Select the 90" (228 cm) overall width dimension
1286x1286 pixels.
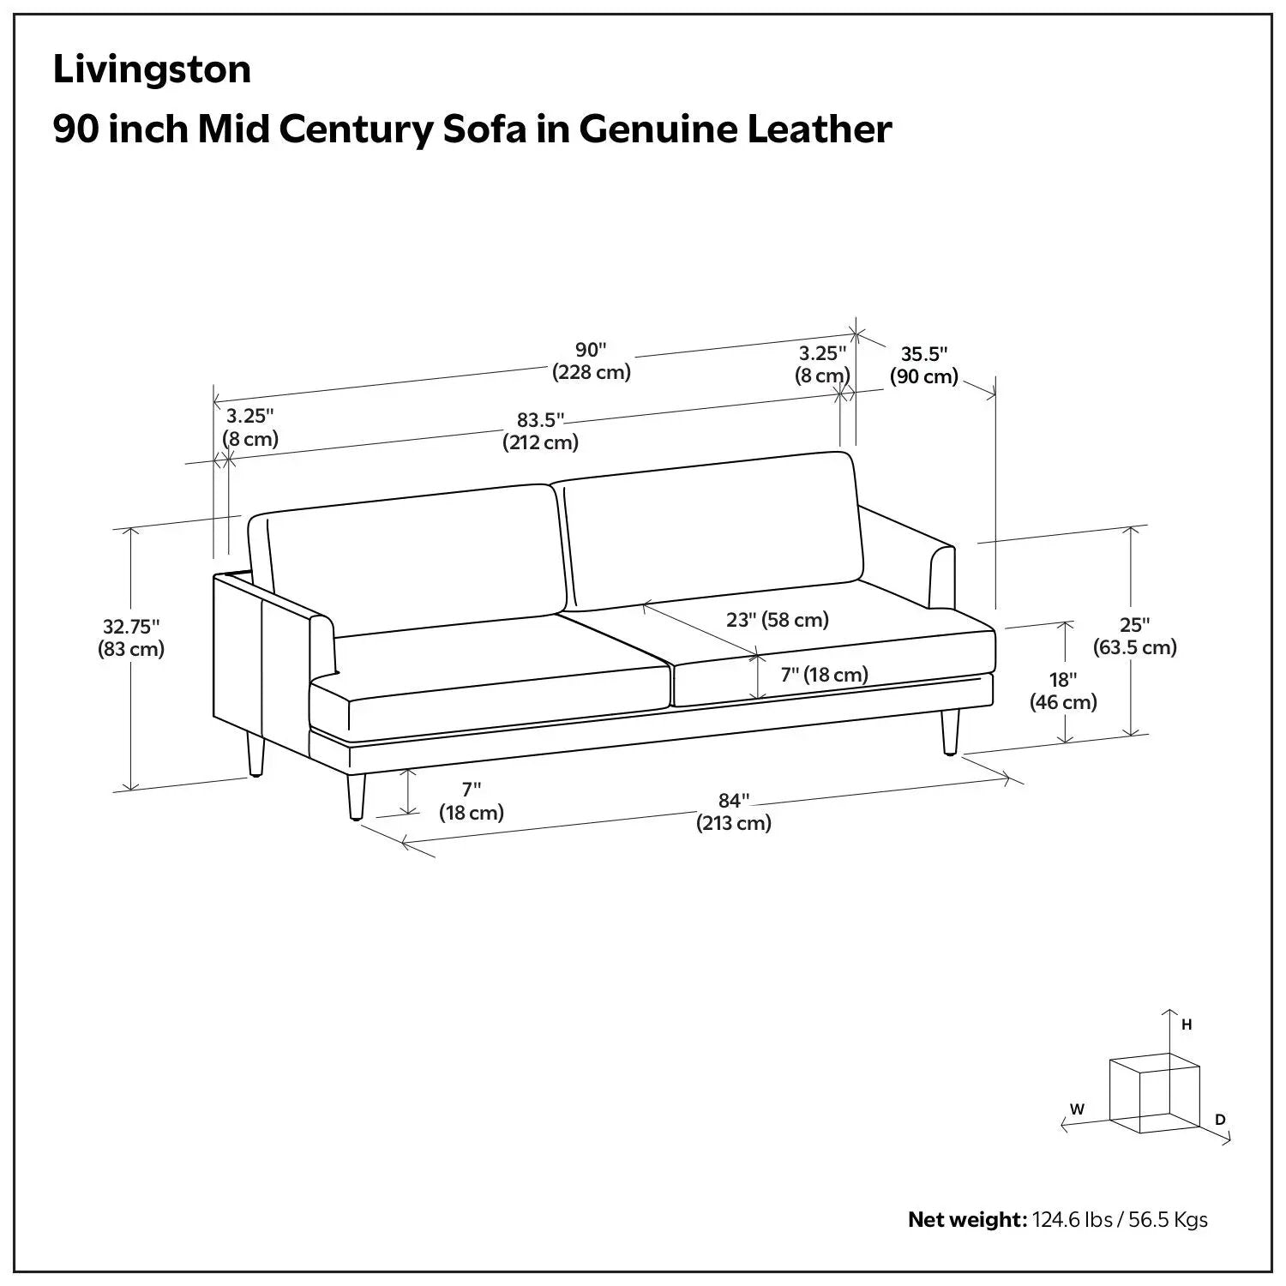click(x=592, y=361)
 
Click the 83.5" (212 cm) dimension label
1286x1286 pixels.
click(x=540, y=431)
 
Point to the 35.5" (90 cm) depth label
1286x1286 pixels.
click(x=923, y=365)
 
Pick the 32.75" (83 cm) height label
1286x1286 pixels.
click(x=131, y=638)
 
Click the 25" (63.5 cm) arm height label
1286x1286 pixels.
click(x=1134, y=636)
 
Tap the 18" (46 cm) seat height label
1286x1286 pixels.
click(x=1063, y=691)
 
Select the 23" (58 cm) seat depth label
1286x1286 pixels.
click(x=778, y=619)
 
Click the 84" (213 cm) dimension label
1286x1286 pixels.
click(x=733, y=812)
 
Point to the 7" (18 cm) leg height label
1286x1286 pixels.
click(x=472, y=801)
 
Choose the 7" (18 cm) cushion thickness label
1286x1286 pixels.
click(x=824, y=675)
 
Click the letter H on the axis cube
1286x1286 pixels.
click(x=1187, y=1025)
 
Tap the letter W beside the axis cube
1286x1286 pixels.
click(x=1078, y=1109)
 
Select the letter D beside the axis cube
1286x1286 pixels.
click(x=1221, y=1120)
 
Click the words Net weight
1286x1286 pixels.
click(x=967, y=1219)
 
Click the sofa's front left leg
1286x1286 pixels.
click(x=356, y=796)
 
